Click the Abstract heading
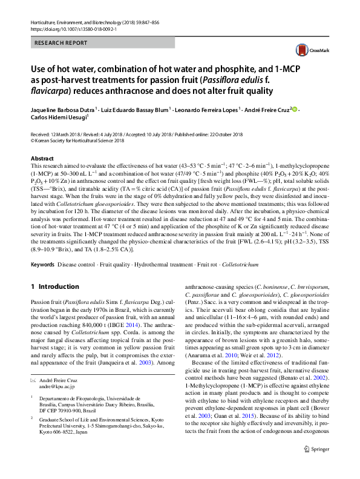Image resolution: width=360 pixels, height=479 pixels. (42, 158)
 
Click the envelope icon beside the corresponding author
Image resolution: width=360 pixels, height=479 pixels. (33, 378)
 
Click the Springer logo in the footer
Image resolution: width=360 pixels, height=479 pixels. (316, 466)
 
